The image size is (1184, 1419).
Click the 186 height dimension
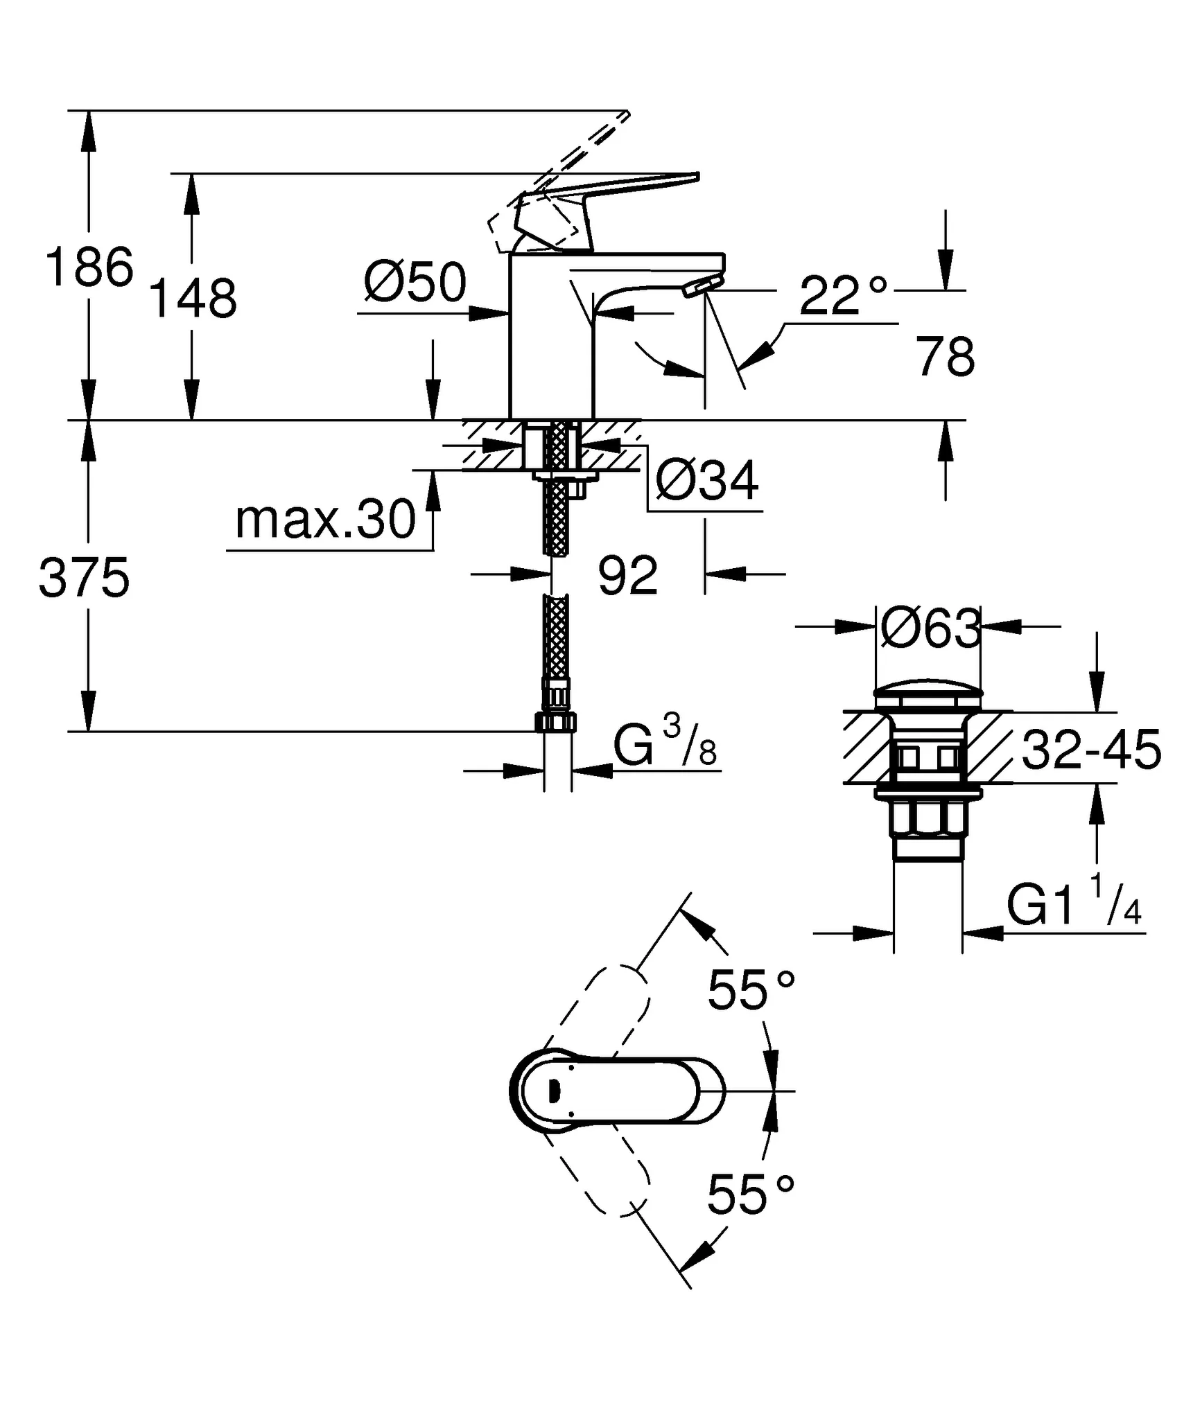pyautogui.click(x=89, y=267)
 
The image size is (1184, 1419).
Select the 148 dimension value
pyautogui.click(x=193, y=299)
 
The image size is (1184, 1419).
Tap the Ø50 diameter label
pyautogui.click(x=415, y=283)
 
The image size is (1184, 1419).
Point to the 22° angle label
pyautogui.click(x=842, y=296)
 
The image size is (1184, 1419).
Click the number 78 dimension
pyautogui.click(x=945, y=357)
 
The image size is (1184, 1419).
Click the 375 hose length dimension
pyautogui.click(x=84, y=578)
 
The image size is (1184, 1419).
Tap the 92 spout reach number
pyautogui.click(x=627, y=576)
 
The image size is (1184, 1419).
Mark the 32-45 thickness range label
pyautogui.click(x=1090, y=750)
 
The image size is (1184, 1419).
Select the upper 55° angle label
pyautogui.click(x=750, y=990)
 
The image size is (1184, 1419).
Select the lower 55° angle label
pyautogui.click(x=750, y=1195)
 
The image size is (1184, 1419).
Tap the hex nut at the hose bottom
pyautogui.click(x=556, y=723)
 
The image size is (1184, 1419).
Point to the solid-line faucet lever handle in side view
pyautogui.click(x=610, y=201)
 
